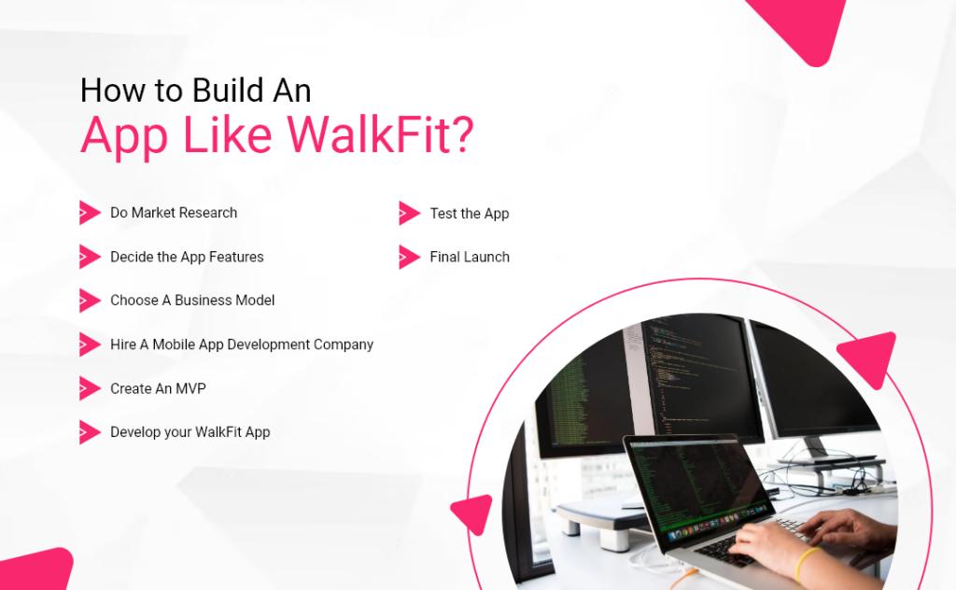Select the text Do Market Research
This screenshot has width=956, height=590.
point(174,213)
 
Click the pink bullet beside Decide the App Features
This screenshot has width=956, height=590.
point(90,257)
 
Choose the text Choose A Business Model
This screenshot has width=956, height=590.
point(192,301)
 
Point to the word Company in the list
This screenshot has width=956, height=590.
point(337,344)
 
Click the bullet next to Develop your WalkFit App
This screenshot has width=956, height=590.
point(90,432)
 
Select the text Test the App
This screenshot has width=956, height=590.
point(470,214)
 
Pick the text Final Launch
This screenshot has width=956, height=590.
point(470,257)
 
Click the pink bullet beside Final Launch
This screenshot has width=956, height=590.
point(409,257)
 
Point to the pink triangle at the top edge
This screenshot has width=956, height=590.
point(801,28)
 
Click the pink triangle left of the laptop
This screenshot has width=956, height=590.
point(474,513)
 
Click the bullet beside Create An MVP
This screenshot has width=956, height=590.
point(90,388)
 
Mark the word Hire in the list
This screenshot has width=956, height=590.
point(123,344)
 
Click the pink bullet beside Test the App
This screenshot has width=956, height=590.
point(409,214)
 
